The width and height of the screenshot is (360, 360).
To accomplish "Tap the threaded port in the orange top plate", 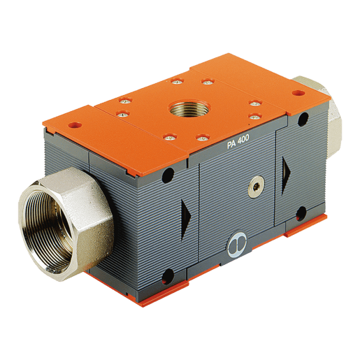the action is coord(189,108).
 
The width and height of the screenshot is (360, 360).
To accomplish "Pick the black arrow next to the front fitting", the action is coord(186,219).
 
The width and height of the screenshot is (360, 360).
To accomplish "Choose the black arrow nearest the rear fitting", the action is coord(286,175).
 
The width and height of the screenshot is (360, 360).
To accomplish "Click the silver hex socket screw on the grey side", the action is coord(255,186).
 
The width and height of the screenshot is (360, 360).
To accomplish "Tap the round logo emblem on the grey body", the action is coord(236,244).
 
